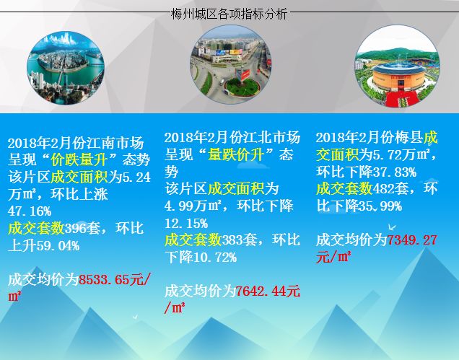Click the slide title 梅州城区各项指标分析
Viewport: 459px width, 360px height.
[x=229, y=14]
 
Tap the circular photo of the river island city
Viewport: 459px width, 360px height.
[x=66, y=68]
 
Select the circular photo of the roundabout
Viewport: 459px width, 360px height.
[x=231, y=64]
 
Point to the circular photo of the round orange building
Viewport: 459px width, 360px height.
[x=397, y=66]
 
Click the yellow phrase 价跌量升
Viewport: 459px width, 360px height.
[x=79, y=160]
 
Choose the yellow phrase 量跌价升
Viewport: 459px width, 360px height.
[x=236, y=154]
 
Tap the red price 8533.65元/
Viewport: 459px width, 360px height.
[x=115, y=279]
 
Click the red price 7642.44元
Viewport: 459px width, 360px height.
[x=268, y=291]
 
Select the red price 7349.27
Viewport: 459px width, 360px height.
[x=412, y=240]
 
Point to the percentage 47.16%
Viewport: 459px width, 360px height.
[x=30, y=211]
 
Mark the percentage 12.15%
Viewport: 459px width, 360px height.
[x=186, y=224]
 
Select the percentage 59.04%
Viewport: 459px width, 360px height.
[x=58, y=246]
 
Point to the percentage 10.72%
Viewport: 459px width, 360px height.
[x=215, y=258]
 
